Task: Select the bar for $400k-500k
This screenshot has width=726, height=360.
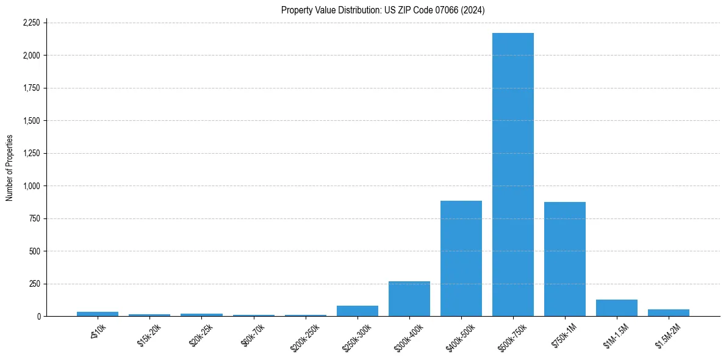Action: [x=461, y=259]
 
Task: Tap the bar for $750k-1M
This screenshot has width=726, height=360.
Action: [x=565, y=259]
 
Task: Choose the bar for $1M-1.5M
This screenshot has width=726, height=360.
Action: [x=617, y=308]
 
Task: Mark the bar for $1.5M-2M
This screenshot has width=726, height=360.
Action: [x=669, y=313]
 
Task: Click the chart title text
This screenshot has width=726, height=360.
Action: [x=383, y=10]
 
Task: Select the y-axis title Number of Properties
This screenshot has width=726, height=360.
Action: [x=10, y=168]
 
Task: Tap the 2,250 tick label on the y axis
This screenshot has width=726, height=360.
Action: [x=31, y=23]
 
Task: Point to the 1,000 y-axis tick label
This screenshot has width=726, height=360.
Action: [x=31, y=186]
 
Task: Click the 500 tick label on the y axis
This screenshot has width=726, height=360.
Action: [x=34, y=251]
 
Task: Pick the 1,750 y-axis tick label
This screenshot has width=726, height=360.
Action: [x=31, y=88]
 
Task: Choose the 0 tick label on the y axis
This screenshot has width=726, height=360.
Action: [x=38, y=317]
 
